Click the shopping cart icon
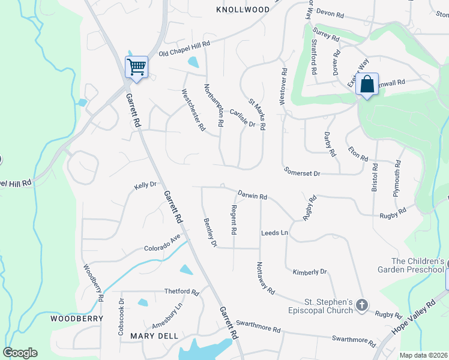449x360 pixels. [137, 66]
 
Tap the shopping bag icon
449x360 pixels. [367, 84]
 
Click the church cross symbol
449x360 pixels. [361, 305]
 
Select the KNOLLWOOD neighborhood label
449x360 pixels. [243, 10]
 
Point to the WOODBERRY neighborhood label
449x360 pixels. [73, 319]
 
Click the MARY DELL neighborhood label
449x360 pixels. [154, 336]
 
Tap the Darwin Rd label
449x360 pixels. [252, 195]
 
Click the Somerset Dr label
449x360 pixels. [303, 173]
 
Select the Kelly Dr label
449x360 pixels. [145, 186]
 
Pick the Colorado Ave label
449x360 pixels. [162, 244]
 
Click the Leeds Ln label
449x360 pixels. [274, 232]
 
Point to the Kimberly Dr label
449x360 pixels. [310, 272]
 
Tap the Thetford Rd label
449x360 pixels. [182, 292]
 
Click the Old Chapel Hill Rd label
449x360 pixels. [184, 49]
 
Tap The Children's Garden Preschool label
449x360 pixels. [417, 265]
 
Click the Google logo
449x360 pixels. [20, 352]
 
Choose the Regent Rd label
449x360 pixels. [234, 220]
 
